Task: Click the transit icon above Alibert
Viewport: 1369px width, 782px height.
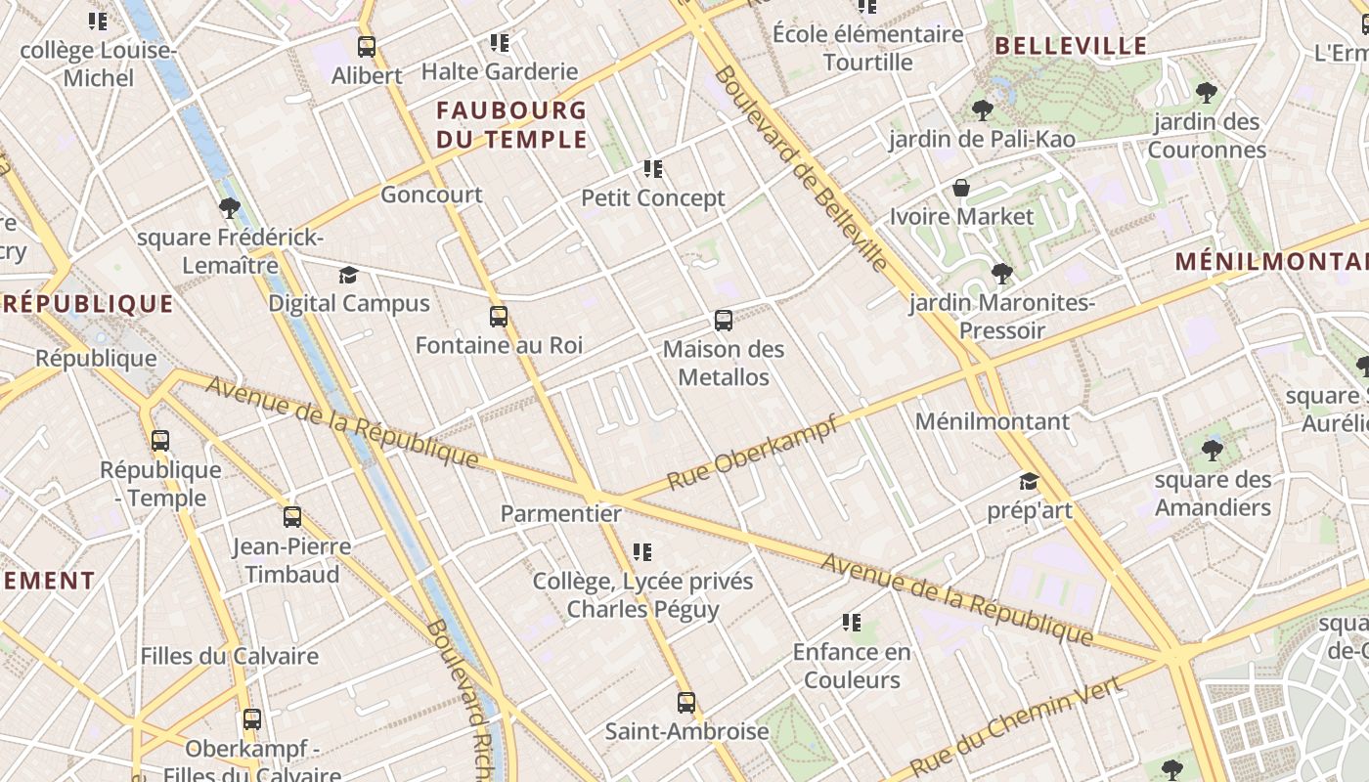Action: [367, 46]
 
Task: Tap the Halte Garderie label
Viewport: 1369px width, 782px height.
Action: [500, 71]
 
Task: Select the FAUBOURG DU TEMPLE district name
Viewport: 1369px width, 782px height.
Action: [511, 124]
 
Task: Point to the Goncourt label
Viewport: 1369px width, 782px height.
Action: [431, 194]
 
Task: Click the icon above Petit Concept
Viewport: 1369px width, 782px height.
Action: [653, 169]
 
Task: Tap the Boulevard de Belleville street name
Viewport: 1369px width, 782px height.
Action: [801, 168]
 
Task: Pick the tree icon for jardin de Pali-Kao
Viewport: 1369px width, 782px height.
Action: [982, 110]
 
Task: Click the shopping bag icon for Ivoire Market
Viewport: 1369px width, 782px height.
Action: [961, 188]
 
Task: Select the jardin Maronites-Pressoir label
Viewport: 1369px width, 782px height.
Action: [1001, 316]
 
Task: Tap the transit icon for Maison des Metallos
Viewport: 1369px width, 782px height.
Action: [724, 320]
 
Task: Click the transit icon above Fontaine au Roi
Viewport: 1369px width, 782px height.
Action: [499, 316]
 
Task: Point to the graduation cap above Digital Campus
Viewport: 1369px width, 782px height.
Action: [348, 275]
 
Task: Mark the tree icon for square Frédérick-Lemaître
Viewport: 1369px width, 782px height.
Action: [230, 207]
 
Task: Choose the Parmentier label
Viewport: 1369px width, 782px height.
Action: [560, 513]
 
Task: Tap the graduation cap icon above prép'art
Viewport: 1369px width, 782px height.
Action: [1029, 481]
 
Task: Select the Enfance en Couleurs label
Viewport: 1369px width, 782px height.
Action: [852, 666]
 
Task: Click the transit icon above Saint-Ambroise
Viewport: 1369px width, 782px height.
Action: [686, 702]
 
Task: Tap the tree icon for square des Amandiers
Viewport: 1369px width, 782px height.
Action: [1213, 450]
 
